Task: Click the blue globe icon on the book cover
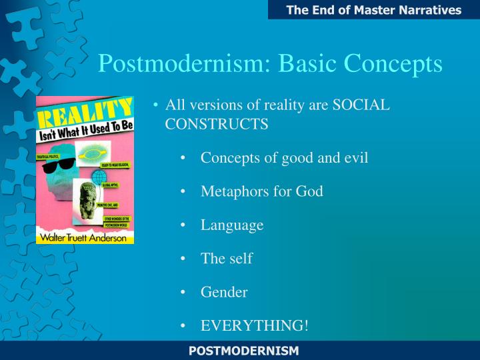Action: [99, 178]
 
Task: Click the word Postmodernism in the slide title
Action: [183, 63]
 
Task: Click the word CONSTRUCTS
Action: [217, 123]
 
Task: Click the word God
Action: [309, 191]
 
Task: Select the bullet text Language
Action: [232, 225]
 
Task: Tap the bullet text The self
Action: [227, 259]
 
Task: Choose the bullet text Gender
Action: [224, 292]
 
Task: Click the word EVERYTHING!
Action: [255, 325]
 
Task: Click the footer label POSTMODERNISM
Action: [243, 351]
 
